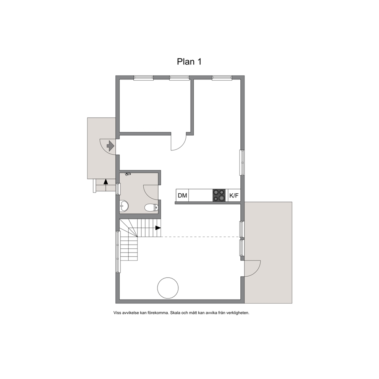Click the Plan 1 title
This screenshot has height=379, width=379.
189,62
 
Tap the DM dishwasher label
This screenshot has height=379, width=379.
182,195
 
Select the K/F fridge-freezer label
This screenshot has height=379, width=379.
234,195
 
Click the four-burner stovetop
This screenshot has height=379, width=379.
219,195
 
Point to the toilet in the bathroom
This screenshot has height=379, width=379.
151,207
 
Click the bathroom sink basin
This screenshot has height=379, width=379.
124,206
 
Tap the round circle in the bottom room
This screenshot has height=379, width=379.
168,288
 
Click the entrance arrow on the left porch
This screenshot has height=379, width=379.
110,146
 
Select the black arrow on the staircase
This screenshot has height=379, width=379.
158,228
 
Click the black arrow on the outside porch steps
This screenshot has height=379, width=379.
105,181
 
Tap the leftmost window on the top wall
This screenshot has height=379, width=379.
144,78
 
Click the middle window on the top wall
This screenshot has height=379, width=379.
179,78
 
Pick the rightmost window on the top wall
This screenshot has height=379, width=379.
222,78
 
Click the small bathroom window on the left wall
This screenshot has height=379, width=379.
118,189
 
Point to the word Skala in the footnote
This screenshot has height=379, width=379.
175,313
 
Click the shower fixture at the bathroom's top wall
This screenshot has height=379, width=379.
128,174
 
